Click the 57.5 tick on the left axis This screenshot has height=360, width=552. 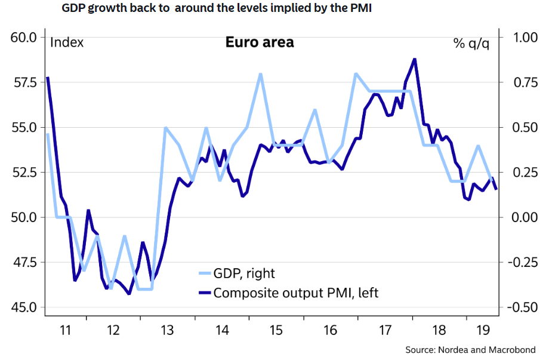click(x=24, y=82)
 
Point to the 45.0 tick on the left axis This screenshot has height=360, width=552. click(x=24, y=307)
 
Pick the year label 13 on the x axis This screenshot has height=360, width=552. click(x=168, y=330)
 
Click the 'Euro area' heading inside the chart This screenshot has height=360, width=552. click(x=259, y=42)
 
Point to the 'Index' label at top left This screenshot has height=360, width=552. click(x=67, y=42)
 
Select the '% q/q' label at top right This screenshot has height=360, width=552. click(x=471, y=43)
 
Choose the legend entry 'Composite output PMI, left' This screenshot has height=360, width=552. click(x=295, y=293)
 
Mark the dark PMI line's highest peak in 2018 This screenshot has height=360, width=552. click(x=414, y=59)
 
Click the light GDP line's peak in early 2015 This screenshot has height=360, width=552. click(x=261, y=74)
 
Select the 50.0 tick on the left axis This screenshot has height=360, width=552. click(x=24, y=217)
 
